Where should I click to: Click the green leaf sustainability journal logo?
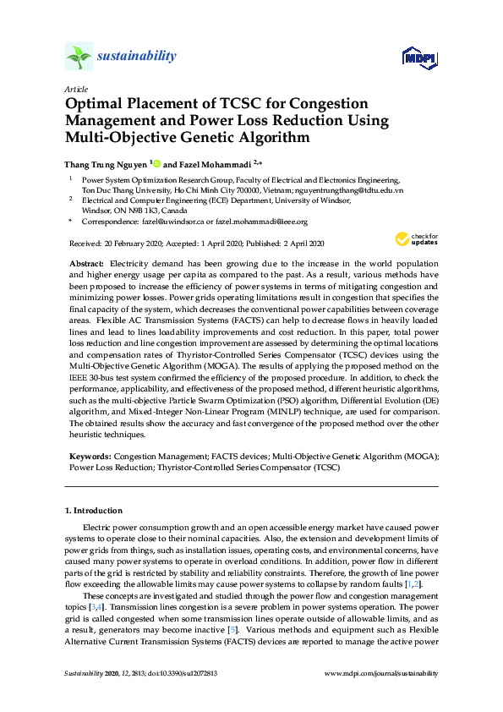[79, 57]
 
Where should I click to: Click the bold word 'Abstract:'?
[87, 264]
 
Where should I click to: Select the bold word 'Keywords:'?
[89, 455]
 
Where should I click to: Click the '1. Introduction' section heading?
[94, 511]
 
